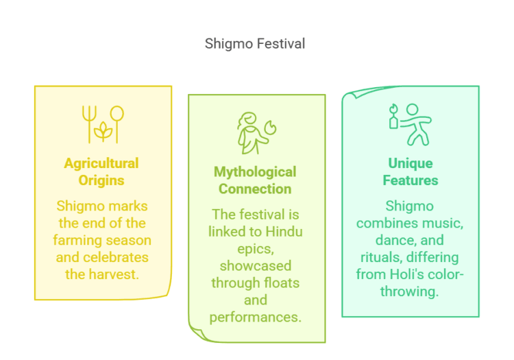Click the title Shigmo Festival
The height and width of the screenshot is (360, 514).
coord(255,44)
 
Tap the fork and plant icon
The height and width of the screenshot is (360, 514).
coord(102,123)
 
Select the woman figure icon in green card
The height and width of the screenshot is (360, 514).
coord(255,133)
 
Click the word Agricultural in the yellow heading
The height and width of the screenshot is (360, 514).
coord(101,163)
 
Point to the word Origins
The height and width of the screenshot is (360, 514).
coord(101,181)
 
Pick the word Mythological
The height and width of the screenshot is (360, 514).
coord(255,171)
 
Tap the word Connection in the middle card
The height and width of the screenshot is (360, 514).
coord(255,189)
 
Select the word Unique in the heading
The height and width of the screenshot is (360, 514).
coord(411,163)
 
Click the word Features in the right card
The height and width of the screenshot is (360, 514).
coord(411,181)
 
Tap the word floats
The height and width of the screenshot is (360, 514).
coord(280,282)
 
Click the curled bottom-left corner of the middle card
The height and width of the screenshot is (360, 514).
coord(198,334)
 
